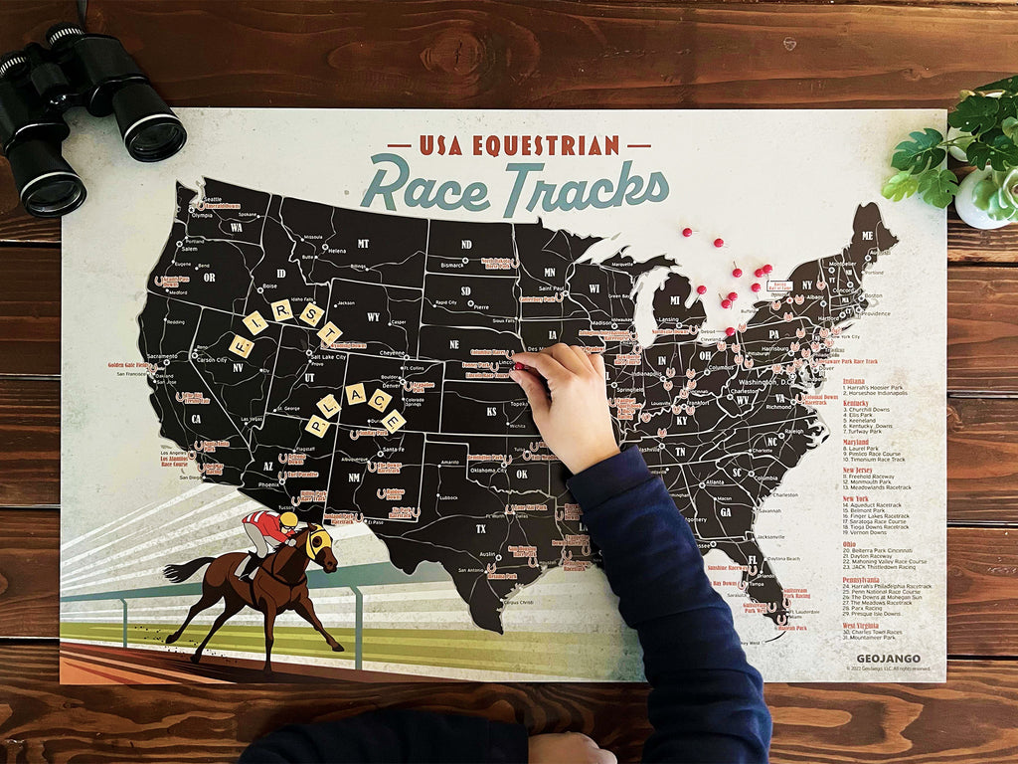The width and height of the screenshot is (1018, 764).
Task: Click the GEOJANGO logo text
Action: pos(888,659)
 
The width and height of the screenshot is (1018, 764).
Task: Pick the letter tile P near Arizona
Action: pos(317,427)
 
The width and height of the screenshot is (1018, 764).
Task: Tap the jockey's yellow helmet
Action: pos(288,519)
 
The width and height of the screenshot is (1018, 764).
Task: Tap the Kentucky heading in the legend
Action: pos(856,403)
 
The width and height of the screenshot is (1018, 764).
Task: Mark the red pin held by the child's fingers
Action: pos(518,366)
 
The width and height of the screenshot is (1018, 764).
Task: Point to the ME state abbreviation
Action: pos(867,235)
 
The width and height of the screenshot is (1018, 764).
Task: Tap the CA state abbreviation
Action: pos(196,420)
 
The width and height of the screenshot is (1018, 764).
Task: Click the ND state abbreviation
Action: pos(465,244)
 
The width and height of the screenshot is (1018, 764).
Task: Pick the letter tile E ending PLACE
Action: pos(394,421)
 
